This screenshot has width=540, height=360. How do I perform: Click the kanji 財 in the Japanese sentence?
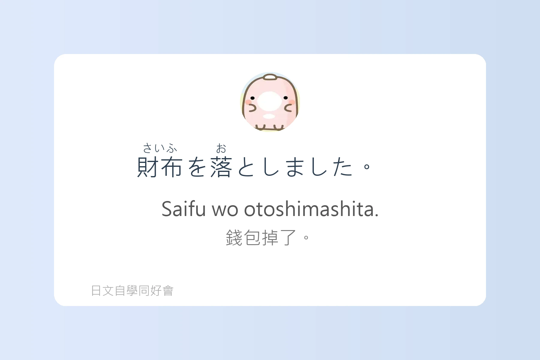coord(148,167)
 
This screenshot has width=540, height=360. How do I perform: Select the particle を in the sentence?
coord(197,167)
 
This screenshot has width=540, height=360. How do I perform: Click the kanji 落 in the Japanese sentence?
coord(221,167)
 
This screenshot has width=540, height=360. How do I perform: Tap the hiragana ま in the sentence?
coord(295,167)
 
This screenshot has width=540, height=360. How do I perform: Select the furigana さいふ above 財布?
coord(160,148)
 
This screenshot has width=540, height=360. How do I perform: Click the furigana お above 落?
coord(221,148)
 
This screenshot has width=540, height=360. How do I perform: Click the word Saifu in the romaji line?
coord(184,209)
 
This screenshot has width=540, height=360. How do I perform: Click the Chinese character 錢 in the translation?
coord(234,238)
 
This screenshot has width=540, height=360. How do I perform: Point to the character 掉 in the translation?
coord(270,238)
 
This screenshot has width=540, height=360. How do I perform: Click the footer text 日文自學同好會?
coord(132,291)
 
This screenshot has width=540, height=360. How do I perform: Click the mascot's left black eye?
coord(253,98)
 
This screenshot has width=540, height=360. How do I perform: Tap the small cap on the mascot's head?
coord(271,77)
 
